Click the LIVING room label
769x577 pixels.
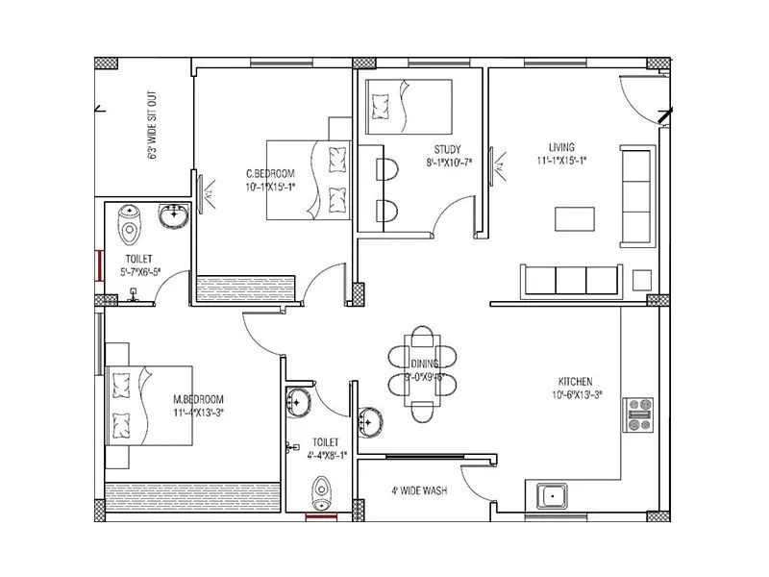click(561, 147)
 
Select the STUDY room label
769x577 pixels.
click(447, 149)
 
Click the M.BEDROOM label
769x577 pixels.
click(198, 399)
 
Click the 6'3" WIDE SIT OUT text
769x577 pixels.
click(152, 126)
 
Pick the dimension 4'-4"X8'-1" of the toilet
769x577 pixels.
click(327, 457)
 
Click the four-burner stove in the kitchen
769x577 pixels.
click(638, 414)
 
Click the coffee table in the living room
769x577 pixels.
click(575, 218)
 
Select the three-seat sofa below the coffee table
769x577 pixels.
click(570, 280)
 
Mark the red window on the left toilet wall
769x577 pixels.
click(98, 264)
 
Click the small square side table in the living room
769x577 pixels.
click(641, 280)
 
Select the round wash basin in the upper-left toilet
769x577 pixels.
click(174, 218)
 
